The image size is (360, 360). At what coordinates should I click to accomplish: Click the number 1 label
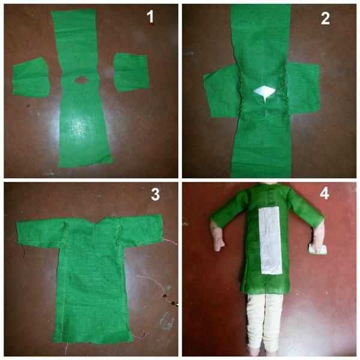click(x=150, y=17)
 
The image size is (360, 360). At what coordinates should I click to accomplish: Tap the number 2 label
click(x=325, y=18)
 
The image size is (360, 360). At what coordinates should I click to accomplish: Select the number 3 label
click(x=155, y=194)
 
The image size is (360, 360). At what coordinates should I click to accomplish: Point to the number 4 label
click(x=324, y=194)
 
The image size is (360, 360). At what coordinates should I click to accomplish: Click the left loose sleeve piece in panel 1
click(x=31, y=77)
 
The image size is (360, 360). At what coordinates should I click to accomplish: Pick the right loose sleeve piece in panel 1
click(x=131, y=72)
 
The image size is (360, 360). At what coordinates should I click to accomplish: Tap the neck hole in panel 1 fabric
click(x=80, y=80)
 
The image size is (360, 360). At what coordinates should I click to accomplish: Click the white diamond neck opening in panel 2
click(x=264, y=91)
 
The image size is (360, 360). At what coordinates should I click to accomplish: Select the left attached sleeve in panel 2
click(x=221, y=91)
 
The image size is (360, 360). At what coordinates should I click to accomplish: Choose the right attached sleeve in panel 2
click(x=302, y=88)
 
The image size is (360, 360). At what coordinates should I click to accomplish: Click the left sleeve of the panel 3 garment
click(x=40, y=232)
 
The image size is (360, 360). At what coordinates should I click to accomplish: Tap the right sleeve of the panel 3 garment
click(x=140, y=229)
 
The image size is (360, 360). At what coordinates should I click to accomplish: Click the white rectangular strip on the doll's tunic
click(x=270, y=240)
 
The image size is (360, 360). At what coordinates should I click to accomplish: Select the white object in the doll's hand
click(x=317, y=249)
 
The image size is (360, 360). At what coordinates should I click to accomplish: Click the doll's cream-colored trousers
click(x=265, y=322)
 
